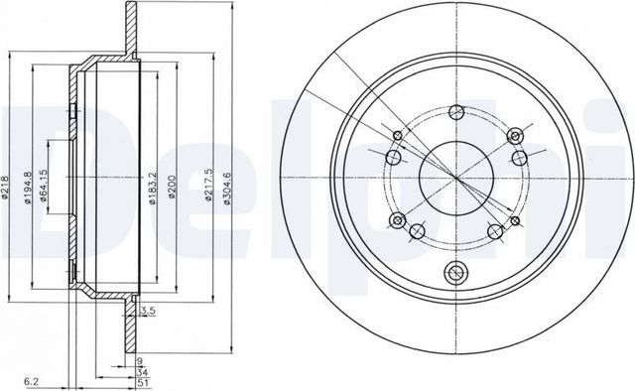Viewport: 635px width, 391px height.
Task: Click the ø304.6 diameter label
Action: click(x=227, y=189)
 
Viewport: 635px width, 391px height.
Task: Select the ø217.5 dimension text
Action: click(x=208, y=185)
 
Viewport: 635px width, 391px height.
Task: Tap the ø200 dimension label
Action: click(x=172, y=187)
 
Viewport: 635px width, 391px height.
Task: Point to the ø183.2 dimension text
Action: click(x=152, y=189)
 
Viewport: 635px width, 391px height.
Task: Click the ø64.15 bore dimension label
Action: click(x=43, y=185)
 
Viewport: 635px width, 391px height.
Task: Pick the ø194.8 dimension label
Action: click(x=28, y=188)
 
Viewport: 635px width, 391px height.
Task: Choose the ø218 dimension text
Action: click(x=5, y=188)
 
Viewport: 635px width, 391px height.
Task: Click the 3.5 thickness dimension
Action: click(x=148, y=312)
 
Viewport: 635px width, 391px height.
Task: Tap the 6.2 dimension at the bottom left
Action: click(x=31, y=381)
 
